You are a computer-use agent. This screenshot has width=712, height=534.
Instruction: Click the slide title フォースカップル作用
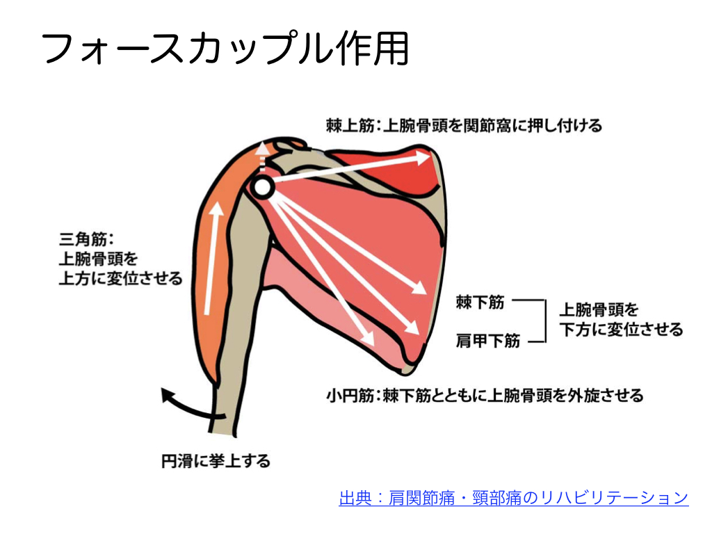(x=225, y=47)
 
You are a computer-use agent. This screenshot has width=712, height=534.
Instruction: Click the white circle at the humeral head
(x=261, y=186)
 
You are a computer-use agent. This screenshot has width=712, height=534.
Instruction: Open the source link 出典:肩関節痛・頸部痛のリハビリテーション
(x=513, y=498)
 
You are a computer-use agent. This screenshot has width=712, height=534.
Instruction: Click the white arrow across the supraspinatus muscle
(x=348, y=169)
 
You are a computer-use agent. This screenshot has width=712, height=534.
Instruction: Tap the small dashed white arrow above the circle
(x=262, y=156)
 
